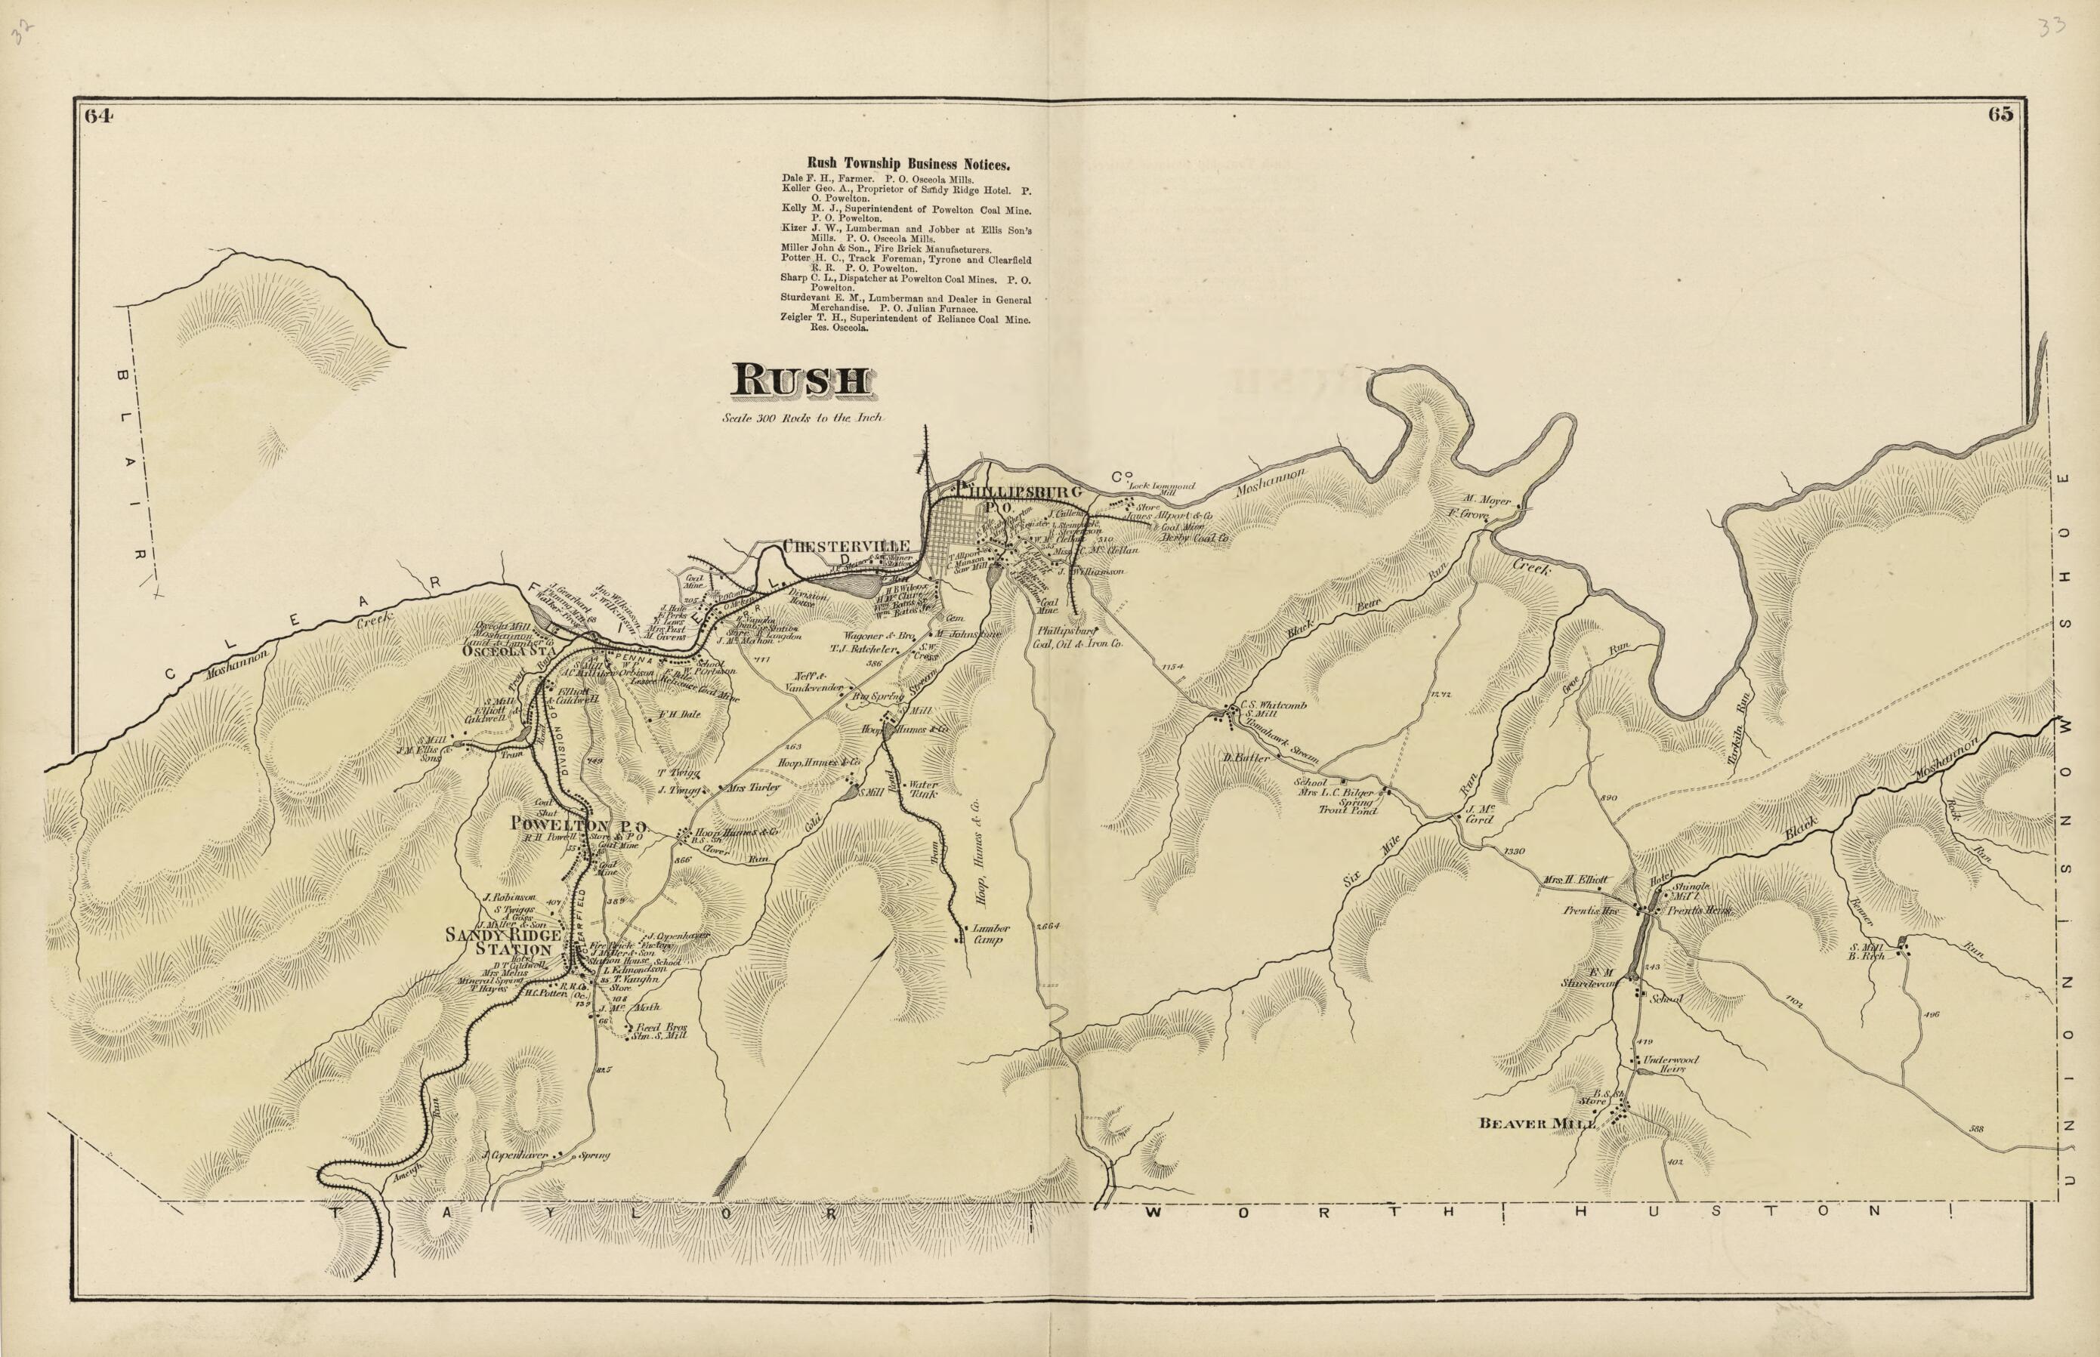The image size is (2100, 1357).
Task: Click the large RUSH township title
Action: pos(801,381)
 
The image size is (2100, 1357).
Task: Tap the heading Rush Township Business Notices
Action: pos(909,164)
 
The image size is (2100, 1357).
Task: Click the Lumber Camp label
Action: pos(988,934)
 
